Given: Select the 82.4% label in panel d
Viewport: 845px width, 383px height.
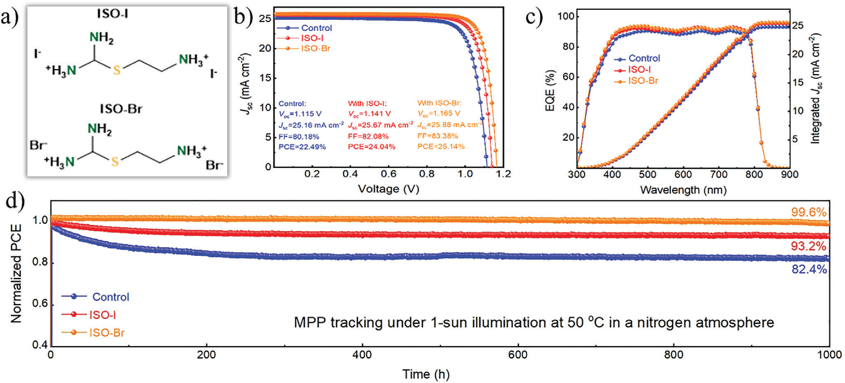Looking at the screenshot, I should coord(809,269).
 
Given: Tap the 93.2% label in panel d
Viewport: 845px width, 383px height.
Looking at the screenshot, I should coord(808,246).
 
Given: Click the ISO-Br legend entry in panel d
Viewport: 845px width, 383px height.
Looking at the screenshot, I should coord(107,332).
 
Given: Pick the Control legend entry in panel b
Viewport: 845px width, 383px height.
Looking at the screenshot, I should coord(316,28).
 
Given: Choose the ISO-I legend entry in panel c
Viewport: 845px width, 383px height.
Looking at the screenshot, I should coord(639,70).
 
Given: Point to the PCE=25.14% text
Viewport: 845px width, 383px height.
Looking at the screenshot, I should coord(441,146).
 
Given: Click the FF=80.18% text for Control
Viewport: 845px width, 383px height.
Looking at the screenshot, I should coord(299,136).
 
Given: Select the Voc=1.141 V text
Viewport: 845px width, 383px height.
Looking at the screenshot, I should coord(369,114).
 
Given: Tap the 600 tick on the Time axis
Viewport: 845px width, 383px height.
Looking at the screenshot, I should coord(518,355).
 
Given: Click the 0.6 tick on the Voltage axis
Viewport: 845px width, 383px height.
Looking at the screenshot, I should coord(388,174).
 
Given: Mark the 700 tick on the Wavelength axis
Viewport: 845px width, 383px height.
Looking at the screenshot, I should coord(718,174).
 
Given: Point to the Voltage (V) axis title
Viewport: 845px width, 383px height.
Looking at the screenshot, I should coord(388,189).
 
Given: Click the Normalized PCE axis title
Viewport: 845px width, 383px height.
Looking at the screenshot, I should coord(16,273).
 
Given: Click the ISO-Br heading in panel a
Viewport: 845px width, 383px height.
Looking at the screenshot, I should coord(121,109).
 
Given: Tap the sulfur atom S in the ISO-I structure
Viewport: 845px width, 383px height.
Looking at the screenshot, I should coord(117,70).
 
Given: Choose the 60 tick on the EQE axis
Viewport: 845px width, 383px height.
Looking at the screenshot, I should coord(570,77).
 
